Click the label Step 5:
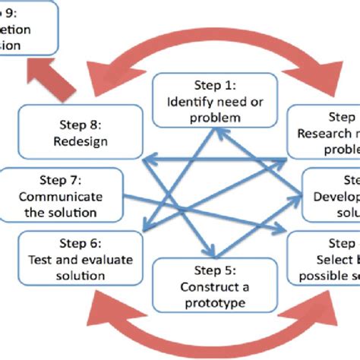click(x=205, y=270)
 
